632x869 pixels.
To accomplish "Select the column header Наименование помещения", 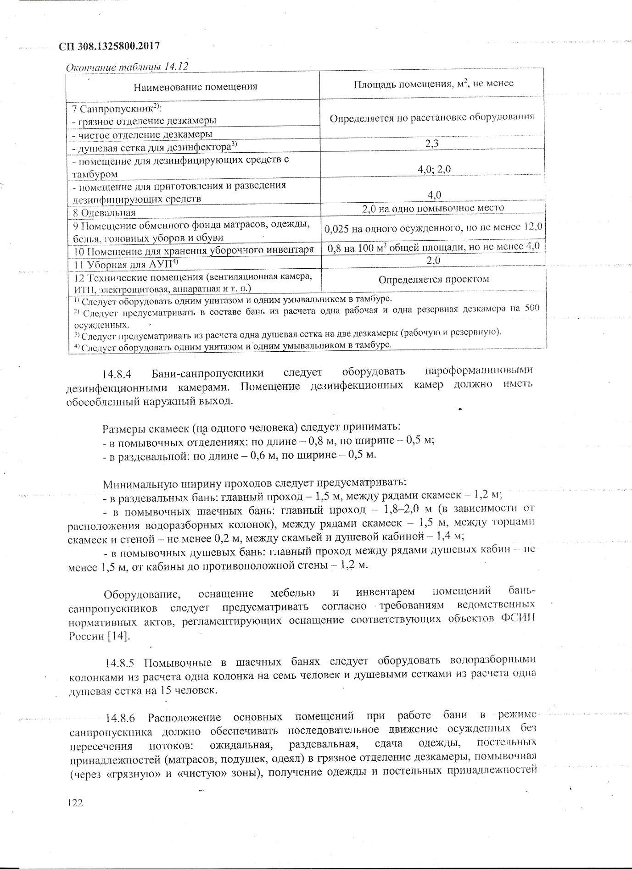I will click(195, 86).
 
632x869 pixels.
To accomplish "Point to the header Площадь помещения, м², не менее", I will click(433, 83).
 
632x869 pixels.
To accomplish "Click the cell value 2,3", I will click(432, 144).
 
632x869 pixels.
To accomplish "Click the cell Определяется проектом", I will click(434, 279).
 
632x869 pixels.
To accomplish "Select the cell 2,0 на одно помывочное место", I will click(433, 208).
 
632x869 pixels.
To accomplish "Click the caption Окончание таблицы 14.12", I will click(128, 67).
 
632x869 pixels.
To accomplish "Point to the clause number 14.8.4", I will click(117, 374).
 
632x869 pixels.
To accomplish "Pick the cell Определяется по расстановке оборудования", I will click(432, 117).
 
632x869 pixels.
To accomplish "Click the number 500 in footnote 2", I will click(533, 308).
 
